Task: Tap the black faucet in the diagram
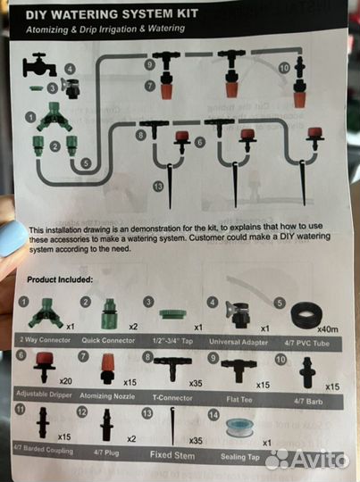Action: (x=40, y=64)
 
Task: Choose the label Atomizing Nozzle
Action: (x=112, y=393)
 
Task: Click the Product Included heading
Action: (x=59, y=280)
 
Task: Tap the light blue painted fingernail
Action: (x=12, y=239)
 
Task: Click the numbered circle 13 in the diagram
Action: (x=158, y=186)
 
